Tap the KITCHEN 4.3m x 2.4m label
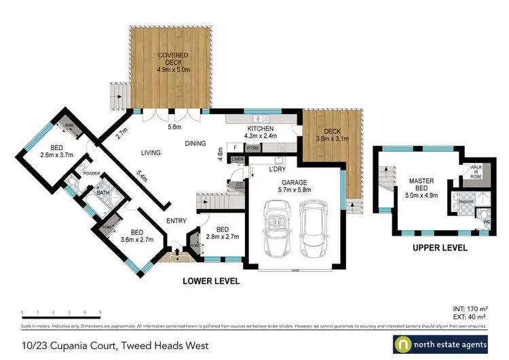pyautogui.click(x=260, y=132)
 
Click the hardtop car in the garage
pyautogui.click(x=313, y=228)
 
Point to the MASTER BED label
pyautogui.click(x=421, y=185)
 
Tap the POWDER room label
pyautogui.click(x=91, y=174)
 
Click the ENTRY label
pyautogui.click(x=176, y=221)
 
